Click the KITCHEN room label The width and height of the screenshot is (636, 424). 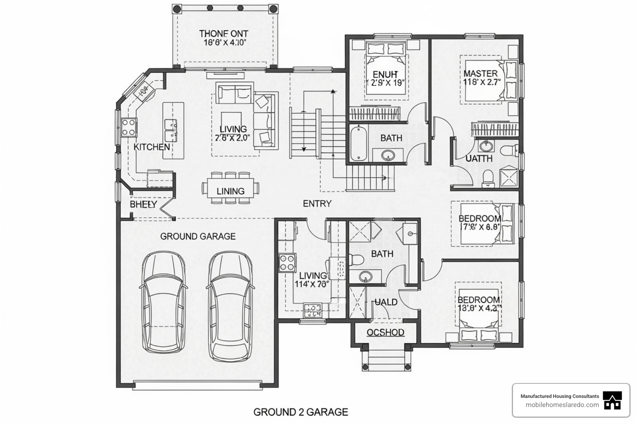point(152,147)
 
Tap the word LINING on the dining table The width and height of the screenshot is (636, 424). point(231,191)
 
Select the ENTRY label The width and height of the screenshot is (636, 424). point(317,204)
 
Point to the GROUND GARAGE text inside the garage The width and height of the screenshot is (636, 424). point(198,236)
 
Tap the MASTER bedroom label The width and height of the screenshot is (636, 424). point(480,74)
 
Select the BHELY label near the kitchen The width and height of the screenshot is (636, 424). point(143,205)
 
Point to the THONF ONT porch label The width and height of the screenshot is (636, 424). point(224,34)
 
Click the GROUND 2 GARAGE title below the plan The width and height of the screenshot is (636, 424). point(301,412)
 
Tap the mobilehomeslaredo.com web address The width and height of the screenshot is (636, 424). point(562,405)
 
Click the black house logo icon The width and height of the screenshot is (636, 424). point(612,401)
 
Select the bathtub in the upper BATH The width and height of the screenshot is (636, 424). point(357,144)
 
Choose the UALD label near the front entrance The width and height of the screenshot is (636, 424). point(386,302)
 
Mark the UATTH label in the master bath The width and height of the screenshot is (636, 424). point(479,159)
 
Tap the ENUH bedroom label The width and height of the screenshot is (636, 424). point(385,75)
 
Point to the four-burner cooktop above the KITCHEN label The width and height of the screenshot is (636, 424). point(129,127)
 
